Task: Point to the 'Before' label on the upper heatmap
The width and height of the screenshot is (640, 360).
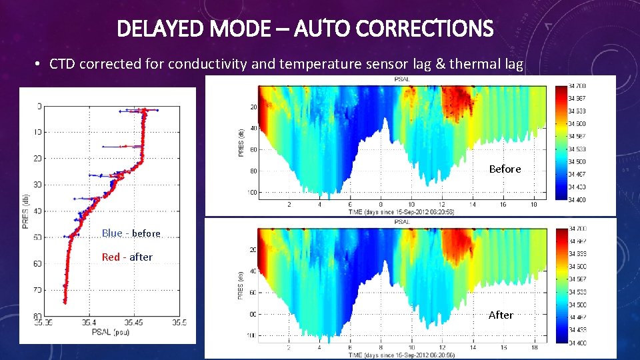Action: pos(505,169)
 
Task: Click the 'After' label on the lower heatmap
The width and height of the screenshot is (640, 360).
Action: pos(501,315)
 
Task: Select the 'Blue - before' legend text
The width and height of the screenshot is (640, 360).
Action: pos(131,233)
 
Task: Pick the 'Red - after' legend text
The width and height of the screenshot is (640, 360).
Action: pos(127,257)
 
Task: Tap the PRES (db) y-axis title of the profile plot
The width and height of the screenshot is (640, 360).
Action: pos(25,211)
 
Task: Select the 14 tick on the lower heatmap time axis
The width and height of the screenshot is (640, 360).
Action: pos(473,347)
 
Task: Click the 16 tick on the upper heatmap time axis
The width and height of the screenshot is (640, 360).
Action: pos(503,205)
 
